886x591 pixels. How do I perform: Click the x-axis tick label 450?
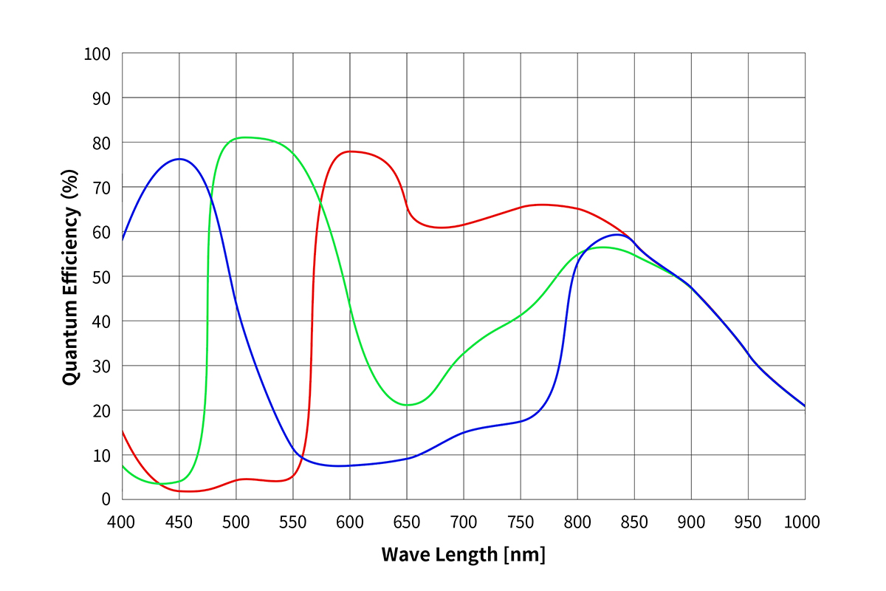tap(179, 522)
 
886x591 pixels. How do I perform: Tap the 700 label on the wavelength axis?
tap(463, 522)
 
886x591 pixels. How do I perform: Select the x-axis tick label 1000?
tap(802, 522)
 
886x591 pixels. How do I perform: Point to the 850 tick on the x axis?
tap(633, 522)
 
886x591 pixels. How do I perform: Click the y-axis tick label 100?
tap(97, 54)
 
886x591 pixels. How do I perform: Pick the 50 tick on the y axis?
tap(101, 277)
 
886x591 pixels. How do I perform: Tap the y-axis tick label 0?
tap(106, 499)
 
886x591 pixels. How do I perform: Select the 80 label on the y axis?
tap(101, 143)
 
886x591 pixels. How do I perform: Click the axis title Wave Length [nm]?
tap(463, 554)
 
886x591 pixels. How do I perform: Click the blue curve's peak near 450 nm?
tap(179, 159)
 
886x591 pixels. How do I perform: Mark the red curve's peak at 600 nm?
tap(350, 151)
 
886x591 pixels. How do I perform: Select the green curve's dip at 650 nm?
tap(406, 405)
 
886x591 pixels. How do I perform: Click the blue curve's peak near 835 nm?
tap(617, 234)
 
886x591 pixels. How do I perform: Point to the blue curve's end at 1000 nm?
tap(804, 406)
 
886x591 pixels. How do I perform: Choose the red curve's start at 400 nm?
tap(123, 431)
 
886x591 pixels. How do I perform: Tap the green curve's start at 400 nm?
tap(123, 465)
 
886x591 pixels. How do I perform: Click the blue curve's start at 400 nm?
tap(123, 239)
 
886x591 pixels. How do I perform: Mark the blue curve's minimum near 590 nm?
tap(338, 466)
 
